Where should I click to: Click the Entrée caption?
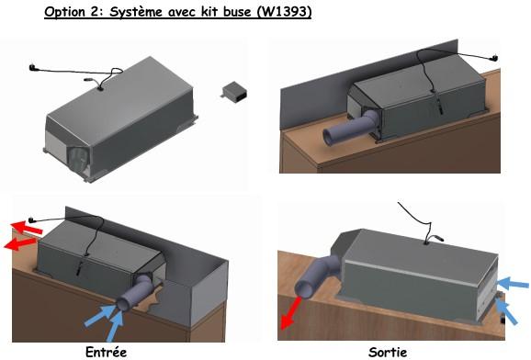tap(106, 352)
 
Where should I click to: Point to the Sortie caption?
tap(388, 353)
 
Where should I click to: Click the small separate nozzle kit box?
tap(234, 92)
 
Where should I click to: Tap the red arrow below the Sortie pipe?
tap(290, 313)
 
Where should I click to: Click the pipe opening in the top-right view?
tap(330, 137)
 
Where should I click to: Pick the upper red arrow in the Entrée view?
tap(27, 227)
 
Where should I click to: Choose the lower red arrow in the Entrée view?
tap(19, 243)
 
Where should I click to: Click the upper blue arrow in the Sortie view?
tap(513, 283)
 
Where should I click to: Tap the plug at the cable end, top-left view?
tap(32, 67)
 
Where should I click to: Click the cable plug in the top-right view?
tap(494, 58)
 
